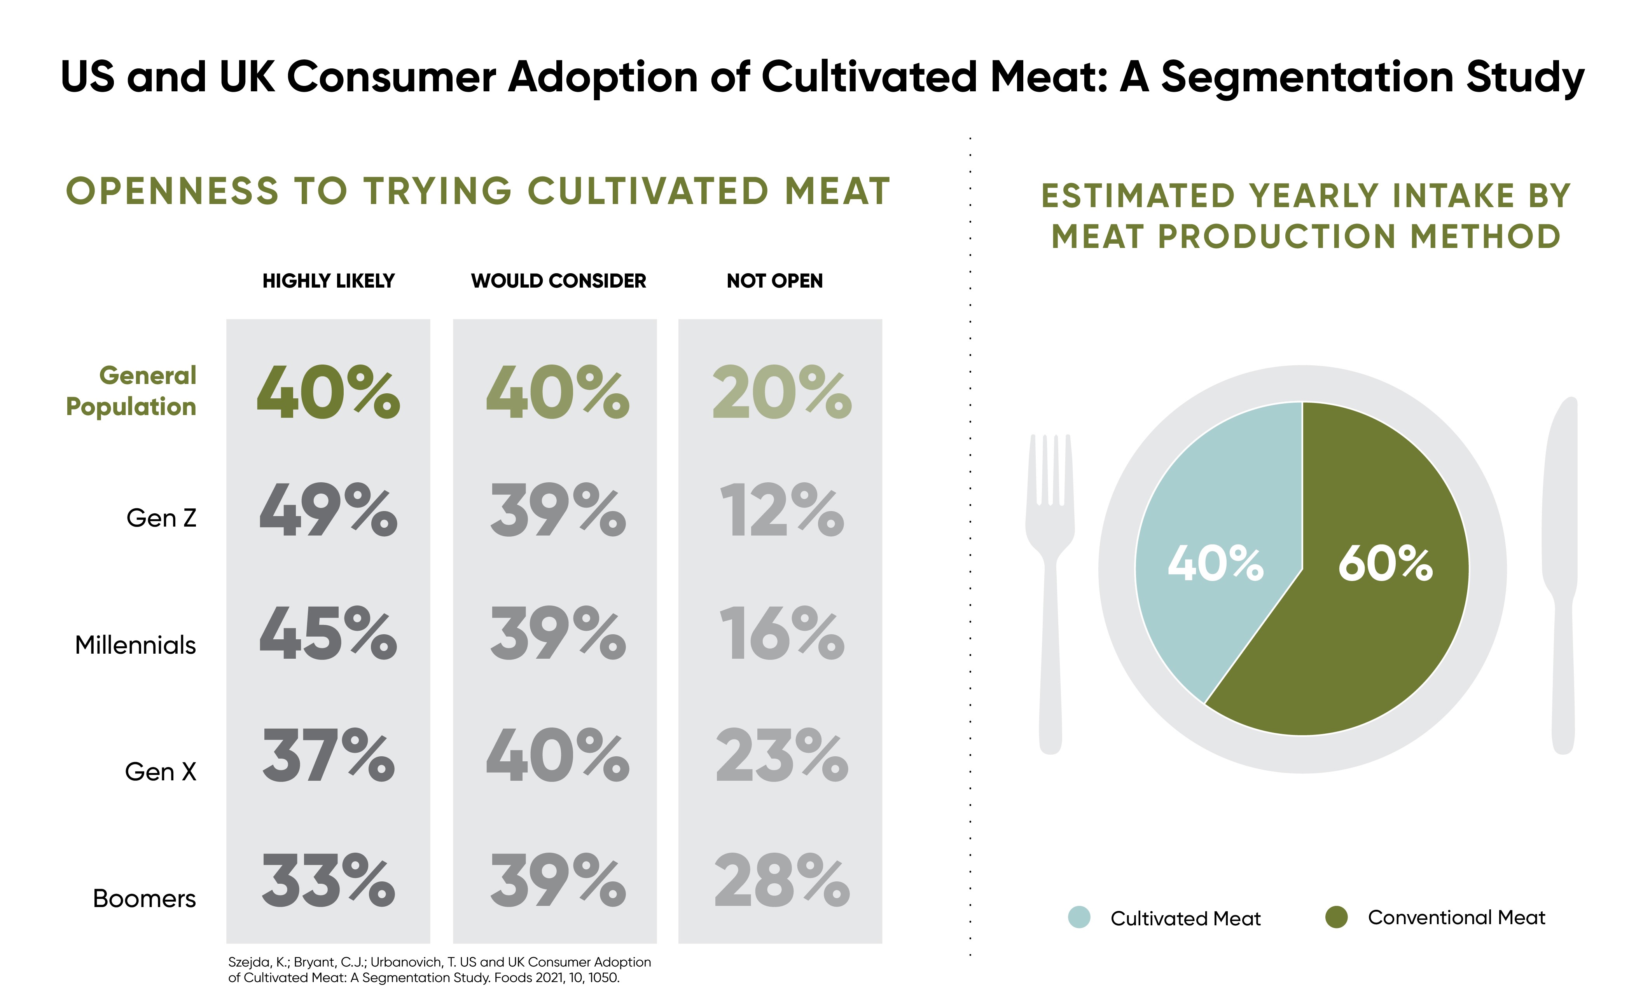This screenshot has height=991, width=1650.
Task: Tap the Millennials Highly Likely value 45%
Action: tap(328, 633)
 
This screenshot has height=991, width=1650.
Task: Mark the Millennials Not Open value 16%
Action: tap(781, 633)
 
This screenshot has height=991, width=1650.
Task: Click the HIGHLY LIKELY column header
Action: tap(328, 281)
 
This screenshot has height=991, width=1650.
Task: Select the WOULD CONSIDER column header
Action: tap(558, 281)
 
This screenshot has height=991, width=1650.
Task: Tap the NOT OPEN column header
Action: tap(774, 281)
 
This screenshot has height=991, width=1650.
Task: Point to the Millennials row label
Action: tap(136, 645)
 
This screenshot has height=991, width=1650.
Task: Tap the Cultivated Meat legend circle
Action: tap(1079, 918)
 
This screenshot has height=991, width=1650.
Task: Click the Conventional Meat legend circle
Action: tap(1336, 918)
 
